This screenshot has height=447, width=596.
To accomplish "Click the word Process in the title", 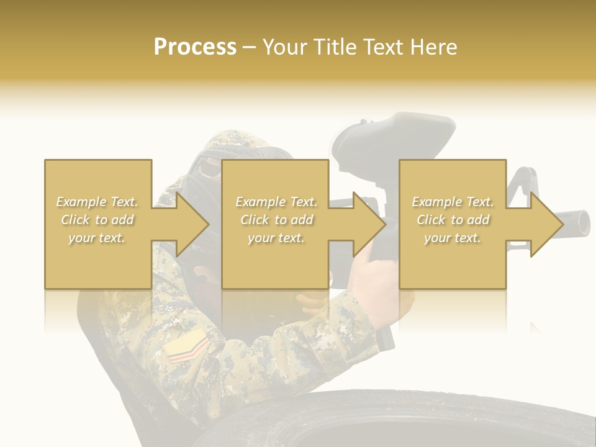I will tap(195, 47).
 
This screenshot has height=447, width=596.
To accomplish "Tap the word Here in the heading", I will tap(434, 47).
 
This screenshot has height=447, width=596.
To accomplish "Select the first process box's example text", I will tap(97, 220).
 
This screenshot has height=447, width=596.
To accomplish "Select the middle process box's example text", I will tap(276, 220).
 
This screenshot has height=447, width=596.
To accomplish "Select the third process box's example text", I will tap(453, 220).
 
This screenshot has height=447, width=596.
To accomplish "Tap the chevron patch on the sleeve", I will tap(186, 347).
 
